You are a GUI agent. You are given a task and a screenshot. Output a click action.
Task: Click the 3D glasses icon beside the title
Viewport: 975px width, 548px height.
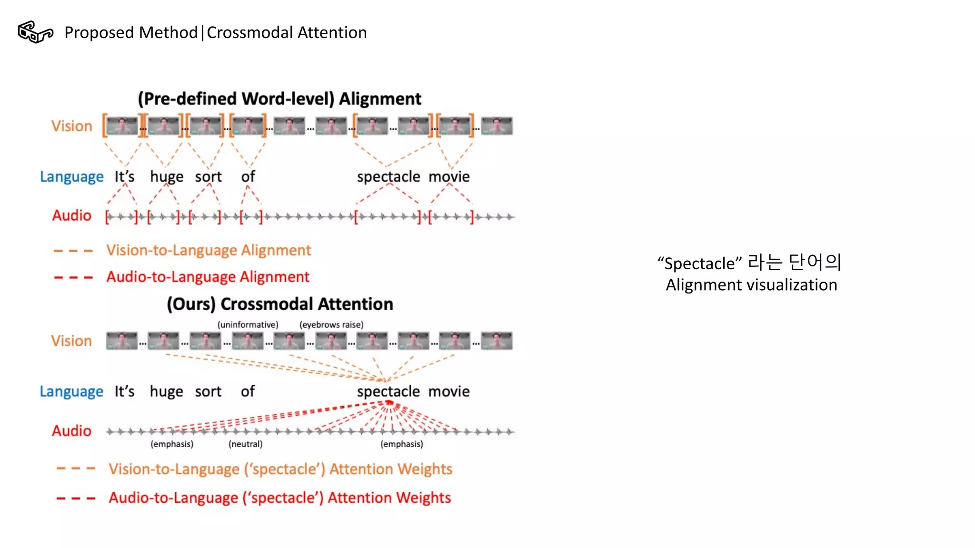coord(35,32)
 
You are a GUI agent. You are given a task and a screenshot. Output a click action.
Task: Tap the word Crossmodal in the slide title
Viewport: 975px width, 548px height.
coord(250,33)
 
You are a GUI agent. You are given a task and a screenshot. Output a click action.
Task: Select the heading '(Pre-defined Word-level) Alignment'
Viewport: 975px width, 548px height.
coord(279,99)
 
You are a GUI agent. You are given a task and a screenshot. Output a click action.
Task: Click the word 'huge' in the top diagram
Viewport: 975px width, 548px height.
coord(167,176)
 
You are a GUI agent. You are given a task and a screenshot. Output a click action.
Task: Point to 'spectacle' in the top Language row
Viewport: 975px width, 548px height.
coord(388,176)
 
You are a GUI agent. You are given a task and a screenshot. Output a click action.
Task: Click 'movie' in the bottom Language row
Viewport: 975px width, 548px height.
coord(449,391)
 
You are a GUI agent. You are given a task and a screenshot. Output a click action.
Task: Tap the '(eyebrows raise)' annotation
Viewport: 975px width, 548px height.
coord(331,325)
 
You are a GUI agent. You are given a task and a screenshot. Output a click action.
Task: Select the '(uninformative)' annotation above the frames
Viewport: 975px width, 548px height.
coord(248,325)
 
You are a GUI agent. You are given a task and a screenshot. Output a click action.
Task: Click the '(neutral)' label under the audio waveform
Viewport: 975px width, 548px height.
coord(245,444)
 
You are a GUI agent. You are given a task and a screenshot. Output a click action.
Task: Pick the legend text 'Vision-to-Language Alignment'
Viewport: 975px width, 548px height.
coord(209,250)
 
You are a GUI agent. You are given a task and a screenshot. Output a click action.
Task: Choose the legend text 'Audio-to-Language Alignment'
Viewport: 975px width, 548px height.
coord(208,277)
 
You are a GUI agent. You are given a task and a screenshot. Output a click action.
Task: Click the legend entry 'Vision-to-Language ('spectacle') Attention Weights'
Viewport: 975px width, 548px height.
coord(280,470)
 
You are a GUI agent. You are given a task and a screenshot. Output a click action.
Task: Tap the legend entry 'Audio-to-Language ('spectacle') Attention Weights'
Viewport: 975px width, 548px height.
coord(279,498)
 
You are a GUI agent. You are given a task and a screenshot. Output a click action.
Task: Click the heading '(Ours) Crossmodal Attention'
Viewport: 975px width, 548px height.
coord(280,304)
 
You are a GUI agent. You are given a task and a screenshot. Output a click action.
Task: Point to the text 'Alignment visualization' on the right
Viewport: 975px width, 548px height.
coord(751,285)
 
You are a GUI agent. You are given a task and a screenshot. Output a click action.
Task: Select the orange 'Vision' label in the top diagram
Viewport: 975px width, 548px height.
coord(72,126)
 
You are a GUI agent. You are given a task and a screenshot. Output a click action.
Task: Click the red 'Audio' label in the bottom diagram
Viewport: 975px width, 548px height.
coord(71,431)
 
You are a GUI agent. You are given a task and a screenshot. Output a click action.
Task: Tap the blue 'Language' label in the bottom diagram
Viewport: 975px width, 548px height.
coord(71,391)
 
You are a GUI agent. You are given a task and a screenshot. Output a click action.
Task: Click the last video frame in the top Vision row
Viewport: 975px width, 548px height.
coord(497,126)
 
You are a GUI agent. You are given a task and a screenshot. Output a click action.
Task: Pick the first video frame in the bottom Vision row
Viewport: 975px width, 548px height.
coord(122,341)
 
